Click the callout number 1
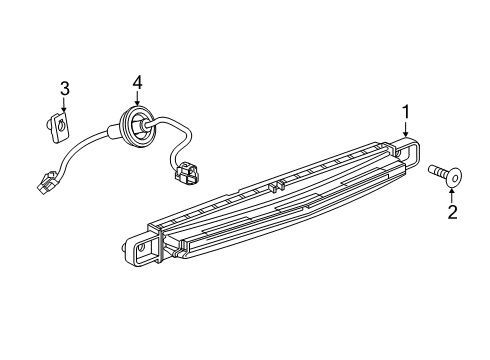(x=405, y=111)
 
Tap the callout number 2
(x=452, y=211)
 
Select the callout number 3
(x=65, y=90)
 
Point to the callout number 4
(x=138, y=82)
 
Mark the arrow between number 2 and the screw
(x=452, y=192)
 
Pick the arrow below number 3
(x=65, y=107)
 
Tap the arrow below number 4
(x=138, y=100)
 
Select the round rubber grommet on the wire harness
(x=135, y=125)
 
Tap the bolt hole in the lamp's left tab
(x=141, y=247)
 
